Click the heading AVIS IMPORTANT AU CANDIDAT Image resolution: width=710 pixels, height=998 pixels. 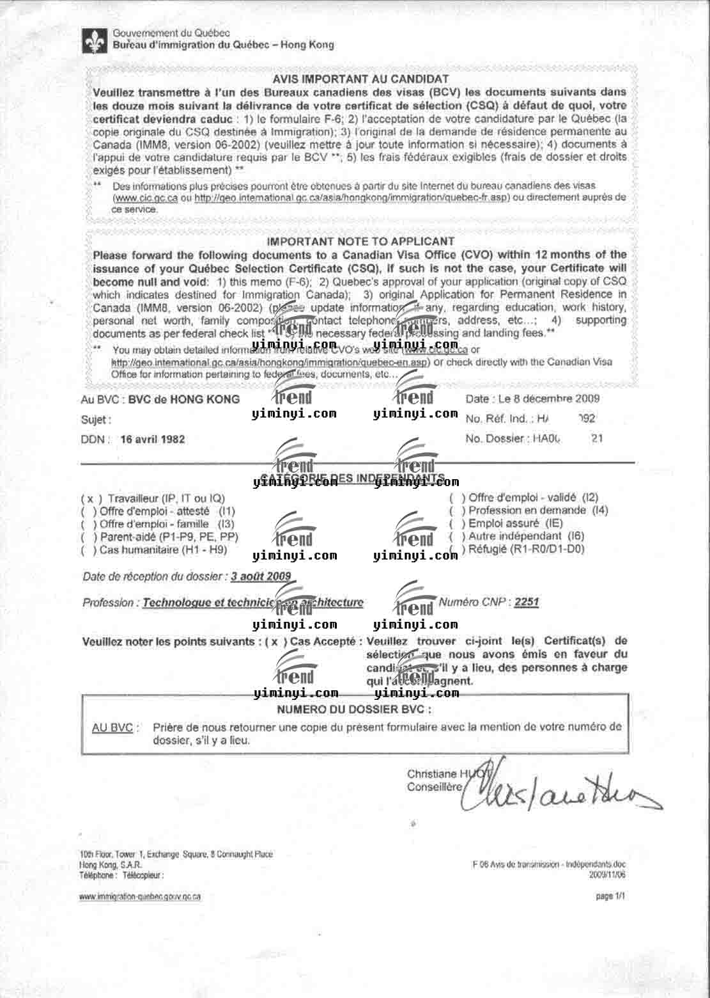360,79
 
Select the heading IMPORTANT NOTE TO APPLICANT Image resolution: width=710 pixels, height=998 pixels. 360,242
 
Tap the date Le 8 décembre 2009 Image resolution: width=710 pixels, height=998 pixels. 546,399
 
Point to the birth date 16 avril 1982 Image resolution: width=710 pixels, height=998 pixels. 153,440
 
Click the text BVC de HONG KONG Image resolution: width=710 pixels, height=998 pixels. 184,399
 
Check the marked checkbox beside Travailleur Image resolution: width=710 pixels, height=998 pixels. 91,498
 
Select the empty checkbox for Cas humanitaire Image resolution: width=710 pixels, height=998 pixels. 89,550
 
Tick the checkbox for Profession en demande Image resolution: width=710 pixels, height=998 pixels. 458,511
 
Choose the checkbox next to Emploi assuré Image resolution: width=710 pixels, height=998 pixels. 458,523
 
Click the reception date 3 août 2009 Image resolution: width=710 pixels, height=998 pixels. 261,576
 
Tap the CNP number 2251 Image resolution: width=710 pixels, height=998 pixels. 527,602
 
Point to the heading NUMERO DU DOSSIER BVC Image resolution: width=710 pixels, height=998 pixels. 354,709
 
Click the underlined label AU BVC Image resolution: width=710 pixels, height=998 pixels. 112,727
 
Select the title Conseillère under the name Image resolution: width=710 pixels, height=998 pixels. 434,787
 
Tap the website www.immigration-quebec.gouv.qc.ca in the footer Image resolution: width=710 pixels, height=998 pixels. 140,896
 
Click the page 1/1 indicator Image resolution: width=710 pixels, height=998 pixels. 610,896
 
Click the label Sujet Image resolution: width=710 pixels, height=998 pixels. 96,420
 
